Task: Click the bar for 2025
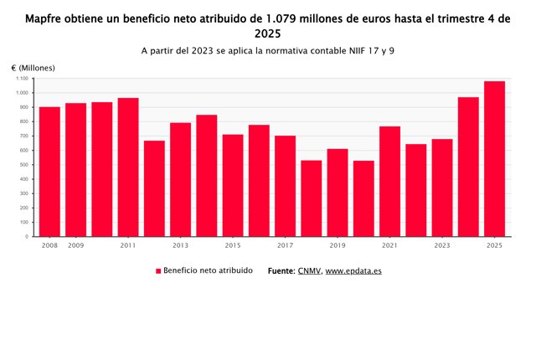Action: [494, 159]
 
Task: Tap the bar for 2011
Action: [128, 167]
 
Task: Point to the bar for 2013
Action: [180, 180]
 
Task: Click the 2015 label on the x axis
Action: [233, 245]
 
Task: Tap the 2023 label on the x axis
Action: [442, 245]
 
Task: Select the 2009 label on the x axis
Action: [75, 245]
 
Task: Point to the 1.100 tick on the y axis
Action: [23, 79]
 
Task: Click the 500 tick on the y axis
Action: [25, 165]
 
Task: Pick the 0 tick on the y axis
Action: [28, 237]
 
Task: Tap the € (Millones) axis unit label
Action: [33, 67]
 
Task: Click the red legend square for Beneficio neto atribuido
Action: [157, 271]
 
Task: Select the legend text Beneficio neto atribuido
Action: [208, 271]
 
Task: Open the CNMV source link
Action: [309, 271]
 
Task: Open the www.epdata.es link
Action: [353, 271]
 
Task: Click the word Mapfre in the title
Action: [48, 18]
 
